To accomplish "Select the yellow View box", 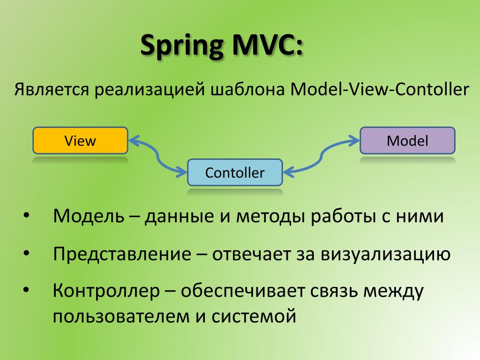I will pyautogui.click(x=80, y=141).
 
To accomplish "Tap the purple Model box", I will pyautogui.click(x=407, y=141).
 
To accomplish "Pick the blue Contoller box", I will pyautogui.click(x=235, y=172).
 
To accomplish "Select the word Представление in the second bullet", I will pyautogui.click(x=122, y=255).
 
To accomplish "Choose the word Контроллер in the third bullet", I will pyautogui.click(x=106, y=292).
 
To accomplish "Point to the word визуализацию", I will pyautogui.click(x=385, y=255).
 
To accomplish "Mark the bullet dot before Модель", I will pyautogui.click(x=26, y=217).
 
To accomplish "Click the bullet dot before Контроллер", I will pyautogui.click(x=26, y=292).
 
